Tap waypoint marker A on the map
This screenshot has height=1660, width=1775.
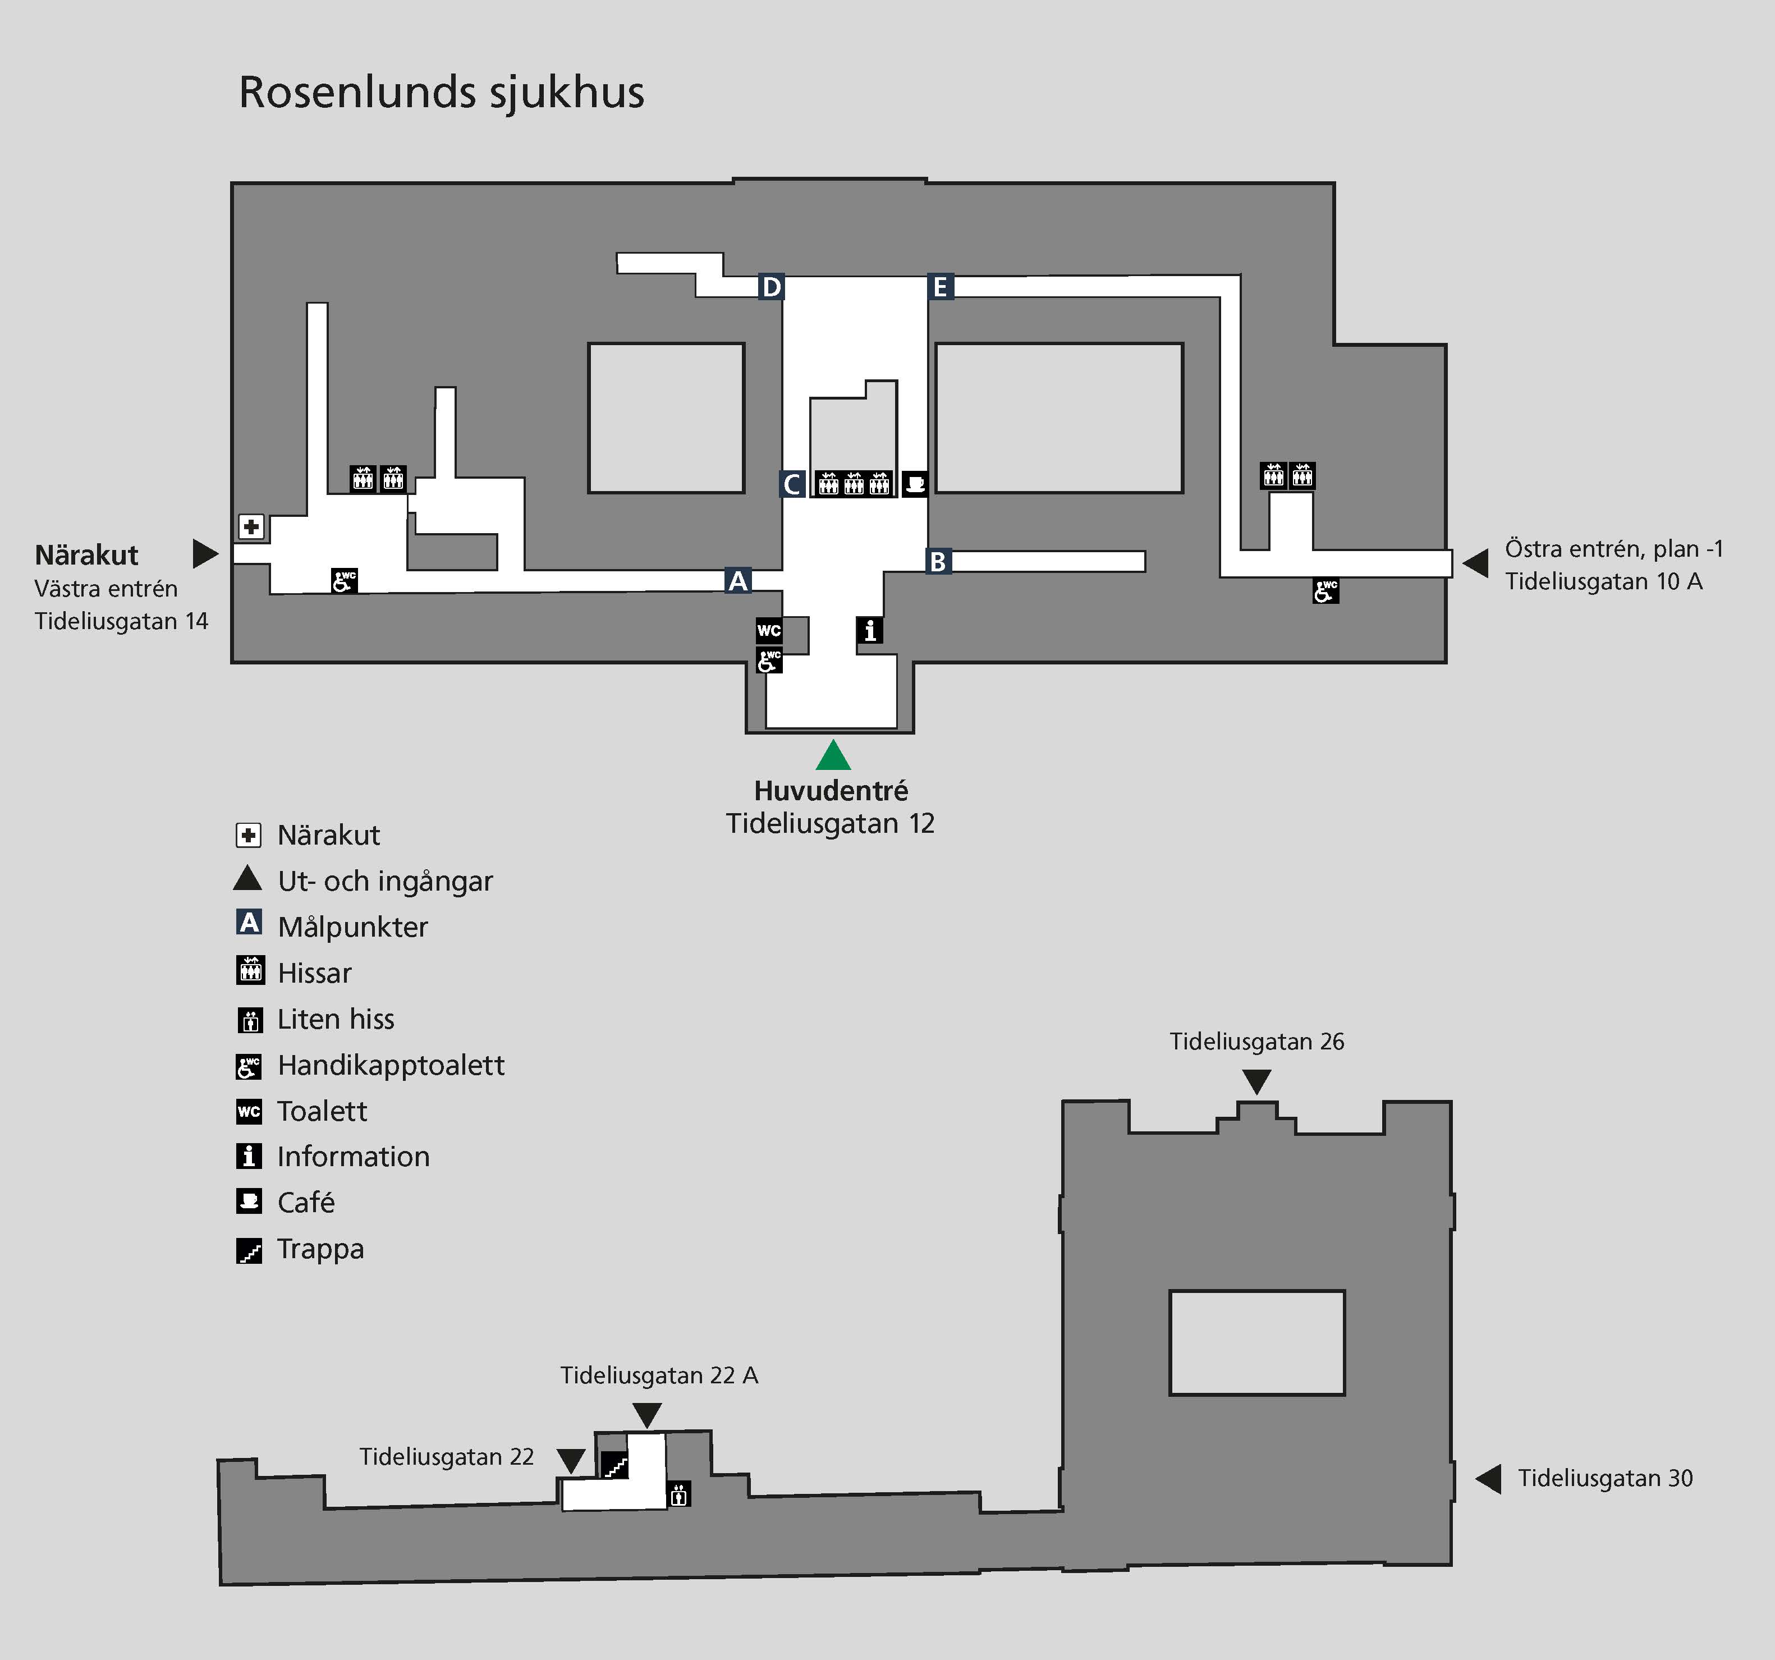coord(737,580)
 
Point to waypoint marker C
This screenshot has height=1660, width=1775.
coord(791,484)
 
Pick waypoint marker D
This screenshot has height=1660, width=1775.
coord(770,287)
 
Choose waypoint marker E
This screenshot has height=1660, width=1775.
coord(939,287)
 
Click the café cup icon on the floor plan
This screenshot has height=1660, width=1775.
coord(914,484)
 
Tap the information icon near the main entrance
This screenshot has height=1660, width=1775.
coord(870,630)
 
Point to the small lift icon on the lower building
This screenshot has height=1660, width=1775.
coord(678,1494)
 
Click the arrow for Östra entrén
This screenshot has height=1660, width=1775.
coord(1475,562)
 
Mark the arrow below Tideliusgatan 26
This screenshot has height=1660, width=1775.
coord(1256,1081)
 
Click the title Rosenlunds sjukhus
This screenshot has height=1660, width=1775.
coord(441,92)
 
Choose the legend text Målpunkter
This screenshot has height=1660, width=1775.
coord(352,927)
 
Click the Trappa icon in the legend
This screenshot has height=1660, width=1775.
coord(249,1250)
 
